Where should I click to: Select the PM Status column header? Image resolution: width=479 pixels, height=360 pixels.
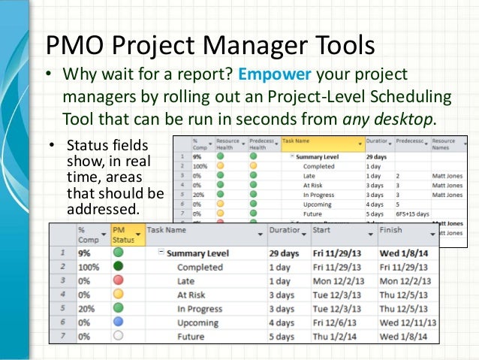[123, 235]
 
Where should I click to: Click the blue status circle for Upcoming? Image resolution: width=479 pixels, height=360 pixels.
[119, 323]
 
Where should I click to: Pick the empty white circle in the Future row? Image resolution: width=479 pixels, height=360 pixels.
[119, 337]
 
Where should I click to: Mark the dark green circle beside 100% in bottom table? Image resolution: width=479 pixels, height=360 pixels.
[119, 268]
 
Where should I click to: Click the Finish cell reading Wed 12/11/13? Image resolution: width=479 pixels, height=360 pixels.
[408, 323]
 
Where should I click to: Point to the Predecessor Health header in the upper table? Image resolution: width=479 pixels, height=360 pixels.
[263, 144]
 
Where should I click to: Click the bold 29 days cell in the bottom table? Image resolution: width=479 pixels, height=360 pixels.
[285, 253]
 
